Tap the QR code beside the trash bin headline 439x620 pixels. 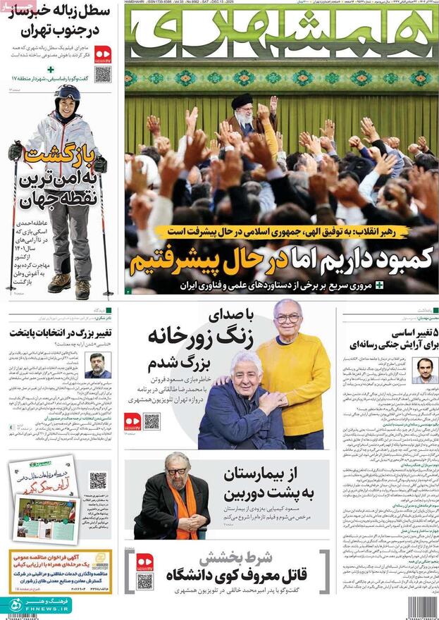coord(103,74)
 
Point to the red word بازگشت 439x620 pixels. coord(58,158)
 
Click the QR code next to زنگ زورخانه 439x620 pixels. coord(152,421)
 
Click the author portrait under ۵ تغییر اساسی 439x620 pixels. coord(423,371)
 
